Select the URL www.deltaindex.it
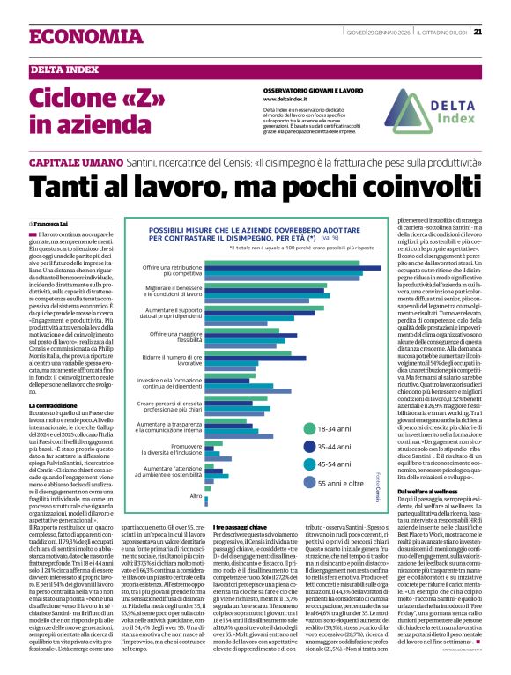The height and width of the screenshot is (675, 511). point(290,99)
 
